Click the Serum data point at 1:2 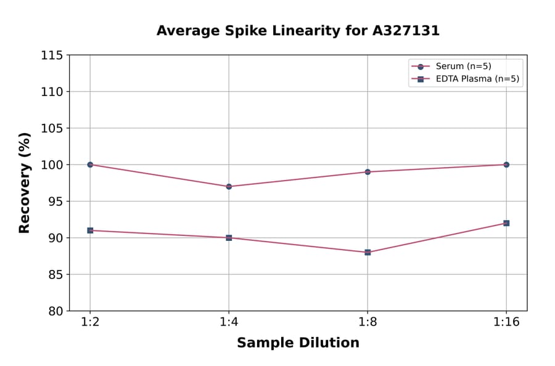(90, 165)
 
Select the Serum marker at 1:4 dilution (229, 186)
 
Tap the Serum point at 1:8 (368, 172)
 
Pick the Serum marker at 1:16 (506, 165)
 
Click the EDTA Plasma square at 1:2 (90, 230)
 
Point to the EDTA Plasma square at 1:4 (229, 238)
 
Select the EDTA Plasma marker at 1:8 (368, 252)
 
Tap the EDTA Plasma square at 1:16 (506, 223)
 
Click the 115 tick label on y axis (52, 55)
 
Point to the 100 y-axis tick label (52, 165)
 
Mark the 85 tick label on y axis (55, 275)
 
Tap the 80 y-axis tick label (55, 311)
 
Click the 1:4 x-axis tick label (229, 323)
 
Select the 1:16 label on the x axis (506, 323)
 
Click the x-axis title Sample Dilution (298, 343)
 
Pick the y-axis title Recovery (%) (25, 182)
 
